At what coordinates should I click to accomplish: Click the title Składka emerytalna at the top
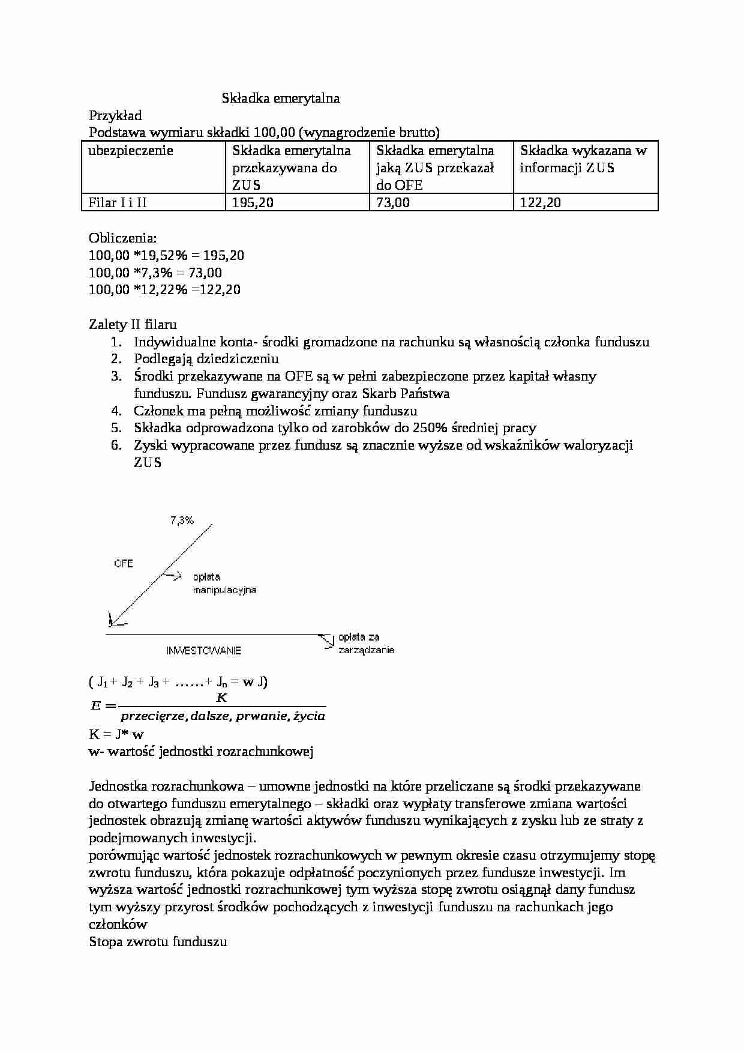pyautogui.click(x=281, y=98)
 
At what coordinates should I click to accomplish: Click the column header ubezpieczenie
pyautogui.click(x=130, y=151)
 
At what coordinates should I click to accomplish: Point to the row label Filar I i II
pyautogui.click(x=117, y=202)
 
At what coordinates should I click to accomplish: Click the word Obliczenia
pyautogui.click(x=122, y=238)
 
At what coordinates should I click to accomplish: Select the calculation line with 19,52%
pyautogui.click(x=166, y=255)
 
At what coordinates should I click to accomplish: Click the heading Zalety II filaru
pyautogui.click(x=133, y=325)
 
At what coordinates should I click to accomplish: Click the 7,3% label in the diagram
pyautogui.click(x=182, y=520)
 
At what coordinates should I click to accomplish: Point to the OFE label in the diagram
pyautogui.click(x=123, y=563)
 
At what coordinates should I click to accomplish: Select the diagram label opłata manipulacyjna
pyautogui.click(x=224, y=584)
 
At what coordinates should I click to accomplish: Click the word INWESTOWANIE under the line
pyautogui.click(x=204, y=650)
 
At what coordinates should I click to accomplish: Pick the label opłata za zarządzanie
pyautogui.click(x=366, y=643)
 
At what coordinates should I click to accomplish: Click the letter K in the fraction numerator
pyautogui.click(x=222, y=698)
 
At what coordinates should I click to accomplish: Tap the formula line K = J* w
pyautogui.click(x=116, y=734)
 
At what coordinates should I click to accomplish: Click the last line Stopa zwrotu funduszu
pyautogui.click(x=158, y=941)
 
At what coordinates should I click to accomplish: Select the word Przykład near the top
pyautogui.click(x=115, y=115)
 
